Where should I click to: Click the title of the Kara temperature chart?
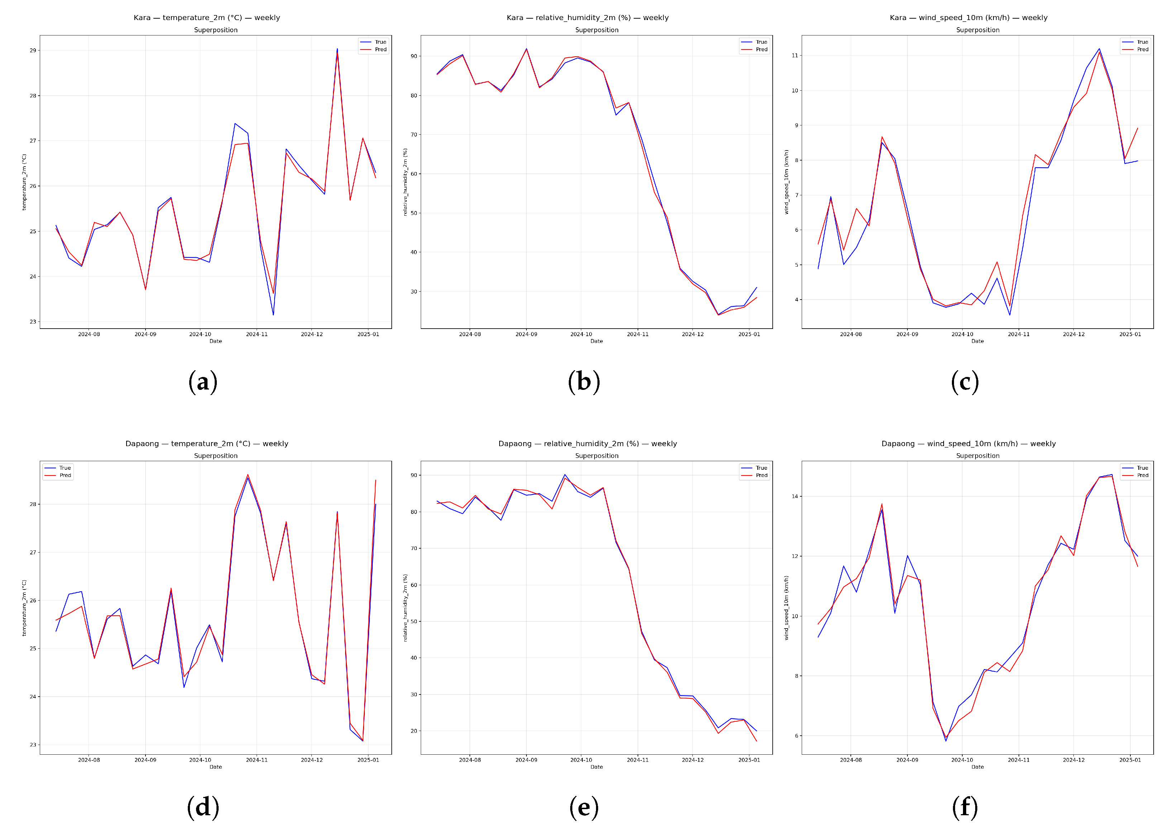pyautogui.click(x=207, y=18)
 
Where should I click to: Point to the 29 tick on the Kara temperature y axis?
pyautogui.click(x=33, y=50)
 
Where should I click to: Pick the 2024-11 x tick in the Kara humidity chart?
pyautogui.click(x=637, y=334)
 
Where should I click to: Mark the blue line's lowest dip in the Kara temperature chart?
pyautogui.click(x=273, y=315)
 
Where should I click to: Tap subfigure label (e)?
pyautogui.click(x=583, y=807)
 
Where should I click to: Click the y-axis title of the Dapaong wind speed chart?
pyautogui.click(x=787, y=607)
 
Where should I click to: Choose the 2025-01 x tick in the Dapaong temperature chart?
pyautogui.click(x=368, y=760)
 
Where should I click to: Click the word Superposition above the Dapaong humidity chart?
pyautogui.click(x=596, y=455)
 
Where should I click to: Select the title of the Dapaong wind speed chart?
pyautogui.click(x=968, y=444)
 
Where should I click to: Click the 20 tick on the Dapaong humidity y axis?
pyautogui.click(x=414, y=731)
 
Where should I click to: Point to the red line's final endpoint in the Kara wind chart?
pyautogui.click(x=1137, y=128)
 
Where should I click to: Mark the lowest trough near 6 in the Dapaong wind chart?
pyautogui.click(x=946, y=740)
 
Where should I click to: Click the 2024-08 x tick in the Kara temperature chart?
pyautogui.click(x=89, y=334)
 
